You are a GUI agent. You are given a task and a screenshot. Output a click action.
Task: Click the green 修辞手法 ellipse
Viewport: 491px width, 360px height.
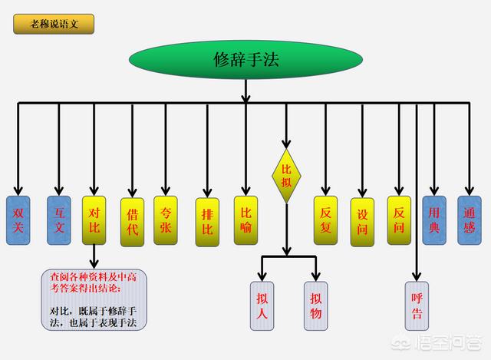pos(245,60)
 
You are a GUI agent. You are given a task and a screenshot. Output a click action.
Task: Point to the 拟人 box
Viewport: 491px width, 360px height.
pos(262,306)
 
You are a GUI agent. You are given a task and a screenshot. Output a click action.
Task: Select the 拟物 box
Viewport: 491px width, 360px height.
pos(315,306)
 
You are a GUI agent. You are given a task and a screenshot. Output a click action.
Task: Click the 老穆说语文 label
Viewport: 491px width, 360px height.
pos(53,24)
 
